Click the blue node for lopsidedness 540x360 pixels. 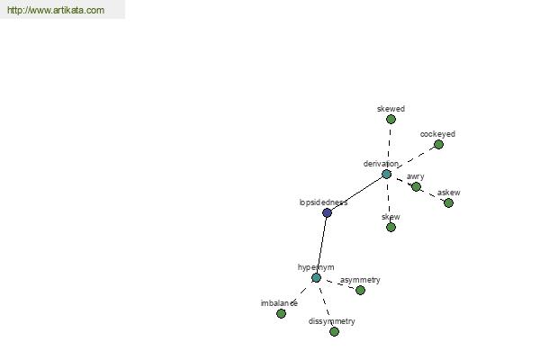click(327, 212)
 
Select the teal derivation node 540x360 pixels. click(386, 174)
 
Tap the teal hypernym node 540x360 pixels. click(316, 278)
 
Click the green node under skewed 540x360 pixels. click(391, 119)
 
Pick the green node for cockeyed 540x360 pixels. click(438, 144)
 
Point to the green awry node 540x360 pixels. click(416, 186)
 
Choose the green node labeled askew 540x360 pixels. click(448, 202)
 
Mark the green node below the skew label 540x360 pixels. click(391, 228)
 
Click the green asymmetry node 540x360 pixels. click(360, 291)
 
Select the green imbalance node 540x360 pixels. click(281, 313)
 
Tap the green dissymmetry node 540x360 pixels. click(334, 332)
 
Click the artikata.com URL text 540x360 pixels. click(56, 10)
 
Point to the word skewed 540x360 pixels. click(391, 109)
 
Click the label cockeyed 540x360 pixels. click(437, 134)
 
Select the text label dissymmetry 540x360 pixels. click(331, 321)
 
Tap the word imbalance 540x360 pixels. click(279, 303)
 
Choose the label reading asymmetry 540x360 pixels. click(360, 280)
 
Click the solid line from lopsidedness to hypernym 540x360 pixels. click(321, 245)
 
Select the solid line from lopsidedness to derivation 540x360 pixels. click(356, 193)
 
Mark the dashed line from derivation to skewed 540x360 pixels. click(389, 147)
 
